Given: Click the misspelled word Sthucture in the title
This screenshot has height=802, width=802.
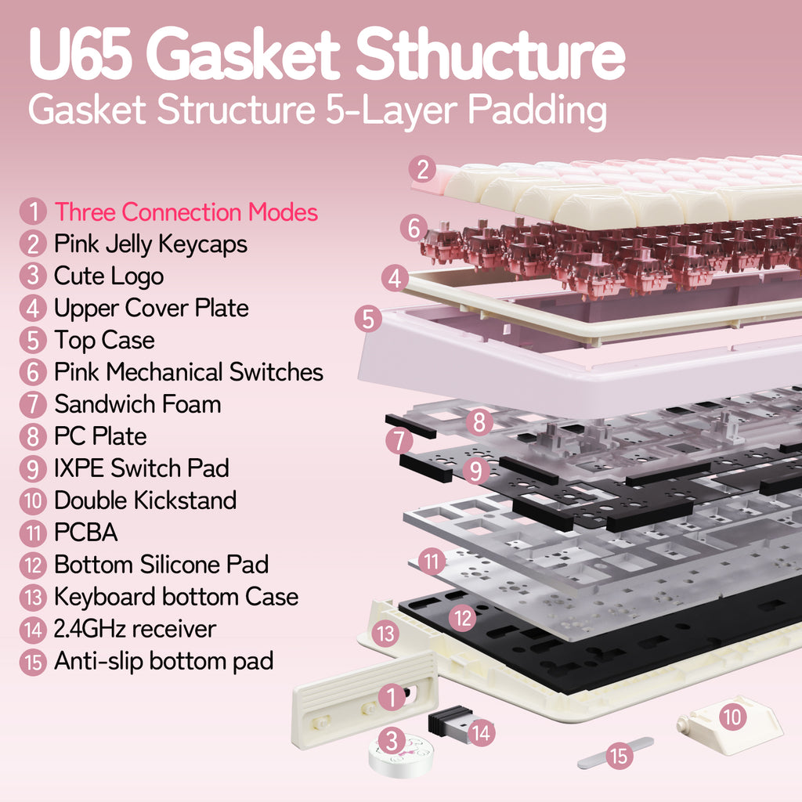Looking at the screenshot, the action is tap(490, 53).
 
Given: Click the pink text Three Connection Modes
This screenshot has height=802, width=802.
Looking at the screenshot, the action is tap(186, 211).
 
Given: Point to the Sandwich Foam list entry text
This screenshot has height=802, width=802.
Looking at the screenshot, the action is tap(138, 404).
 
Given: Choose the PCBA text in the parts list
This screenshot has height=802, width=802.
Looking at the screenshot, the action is tap(86, 533).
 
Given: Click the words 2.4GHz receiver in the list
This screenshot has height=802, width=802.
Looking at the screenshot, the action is tap(135, 629).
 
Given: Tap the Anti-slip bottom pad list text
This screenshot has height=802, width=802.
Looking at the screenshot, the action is tap(164, 661).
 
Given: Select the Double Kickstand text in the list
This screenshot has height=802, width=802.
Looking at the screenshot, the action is tap(145, 500).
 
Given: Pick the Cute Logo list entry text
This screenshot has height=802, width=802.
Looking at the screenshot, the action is tap(109, 276).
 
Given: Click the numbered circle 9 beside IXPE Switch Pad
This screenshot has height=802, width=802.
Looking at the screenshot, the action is tap(33, 468).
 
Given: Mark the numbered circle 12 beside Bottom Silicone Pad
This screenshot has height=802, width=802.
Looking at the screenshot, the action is tap(33, 565).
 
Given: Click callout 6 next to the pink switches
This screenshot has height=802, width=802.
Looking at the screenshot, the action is tap(414, 228).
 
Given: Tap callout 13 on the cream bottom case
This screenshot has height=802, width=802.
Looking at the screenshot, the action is tap(385, 634).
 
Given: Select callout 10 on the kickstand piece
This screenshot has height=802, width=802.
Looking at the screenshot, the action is tap(733, 717).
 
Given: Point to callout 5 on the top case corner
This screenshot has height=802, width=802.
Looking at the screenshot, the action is tap(368, 320).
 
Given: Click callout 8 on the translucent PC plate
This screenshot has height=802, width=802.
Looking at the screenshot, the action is tap(479, 422).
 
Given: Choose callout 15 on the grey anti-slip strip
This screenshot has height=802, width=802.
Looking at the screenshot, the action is tap(620, 756).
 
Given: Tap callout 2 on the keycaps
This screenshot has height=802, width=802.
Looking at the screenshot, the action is tap(422, 170).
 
